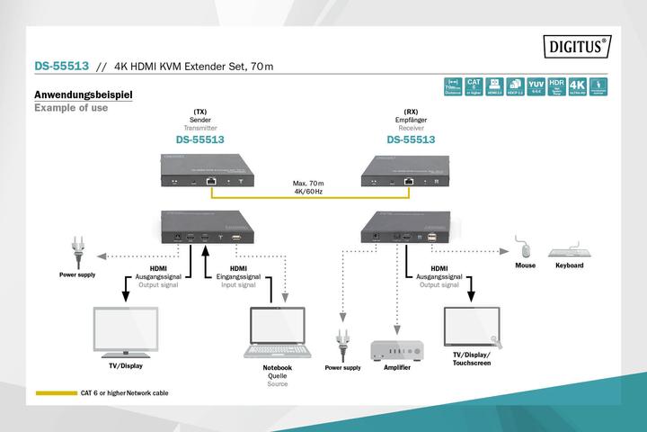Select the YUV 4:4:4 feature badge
click(x=536, y=87)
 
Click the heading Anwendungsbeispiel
click(x=83, y=94)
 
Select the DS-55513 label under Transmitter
click(x=199, y=140)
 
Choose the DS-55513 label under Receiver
click(x=411, y=140)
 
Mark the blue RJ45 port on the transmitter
click(x=209, y=180)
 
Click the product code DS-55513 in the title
click(x=60, y=66)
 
